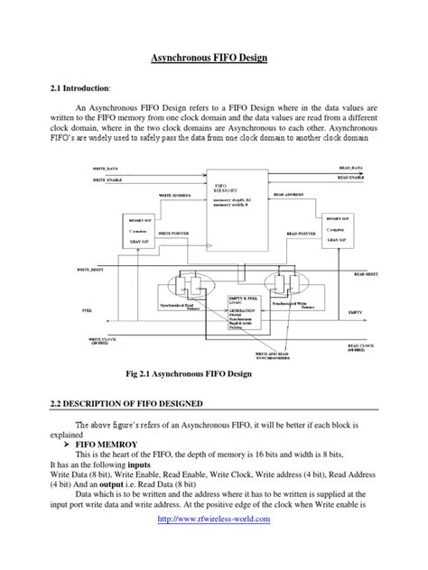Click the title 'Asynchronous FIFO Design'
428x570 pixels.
pyautogui.click(x=213, y=59)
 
